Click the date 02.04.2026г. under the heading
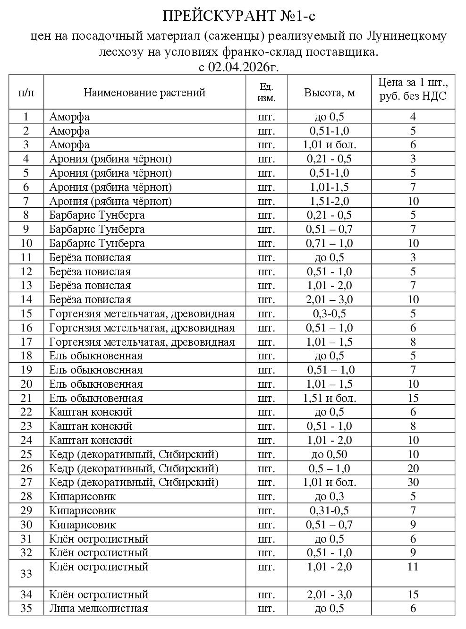pos(244,67)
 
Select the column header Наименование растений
pos(144,92)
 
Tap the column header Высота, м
pos(329,92)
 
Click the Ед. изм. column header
pos(266,92)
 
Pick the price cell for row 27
pos(413,482)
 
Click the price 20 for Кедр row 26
pos(413,468)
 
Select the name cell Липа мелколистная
pos(99,608)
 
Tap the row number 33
pos(26,573)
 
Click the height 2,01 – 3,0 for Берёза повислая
pos(329,299)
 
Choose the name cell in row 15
pos(142,314)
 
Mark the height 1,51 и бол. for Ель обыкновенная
pos(329,398)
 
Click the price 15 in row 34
pos(413,595)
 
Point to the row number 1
pos(26,117)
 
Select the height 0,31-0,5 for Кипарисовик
pos(329,510)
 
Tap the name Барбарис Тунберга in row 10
pos(97,243)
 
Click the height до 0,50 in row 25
pos(329,454)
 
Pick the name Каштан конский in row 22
pos(91,412)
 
